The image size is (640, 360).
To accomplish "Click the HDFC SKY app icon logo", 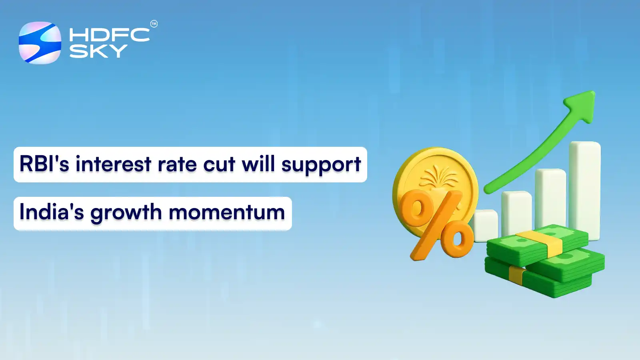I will coord(40,43).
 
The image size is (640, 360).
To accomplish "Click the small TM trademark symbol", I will coord(154,24).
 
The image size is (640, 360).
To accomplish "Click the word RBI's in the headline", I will coord(44,164).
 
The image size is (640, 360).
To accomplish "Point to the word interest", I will coord(114,164).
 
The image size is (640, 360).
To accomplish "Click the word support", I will coord(321,165).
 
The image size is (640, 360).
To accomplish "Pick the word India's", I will coord(52,212).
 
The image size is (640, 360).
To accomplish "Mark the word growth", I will coord(126,213).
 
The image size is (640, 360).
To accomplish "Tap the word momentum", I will coord(227,212).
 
